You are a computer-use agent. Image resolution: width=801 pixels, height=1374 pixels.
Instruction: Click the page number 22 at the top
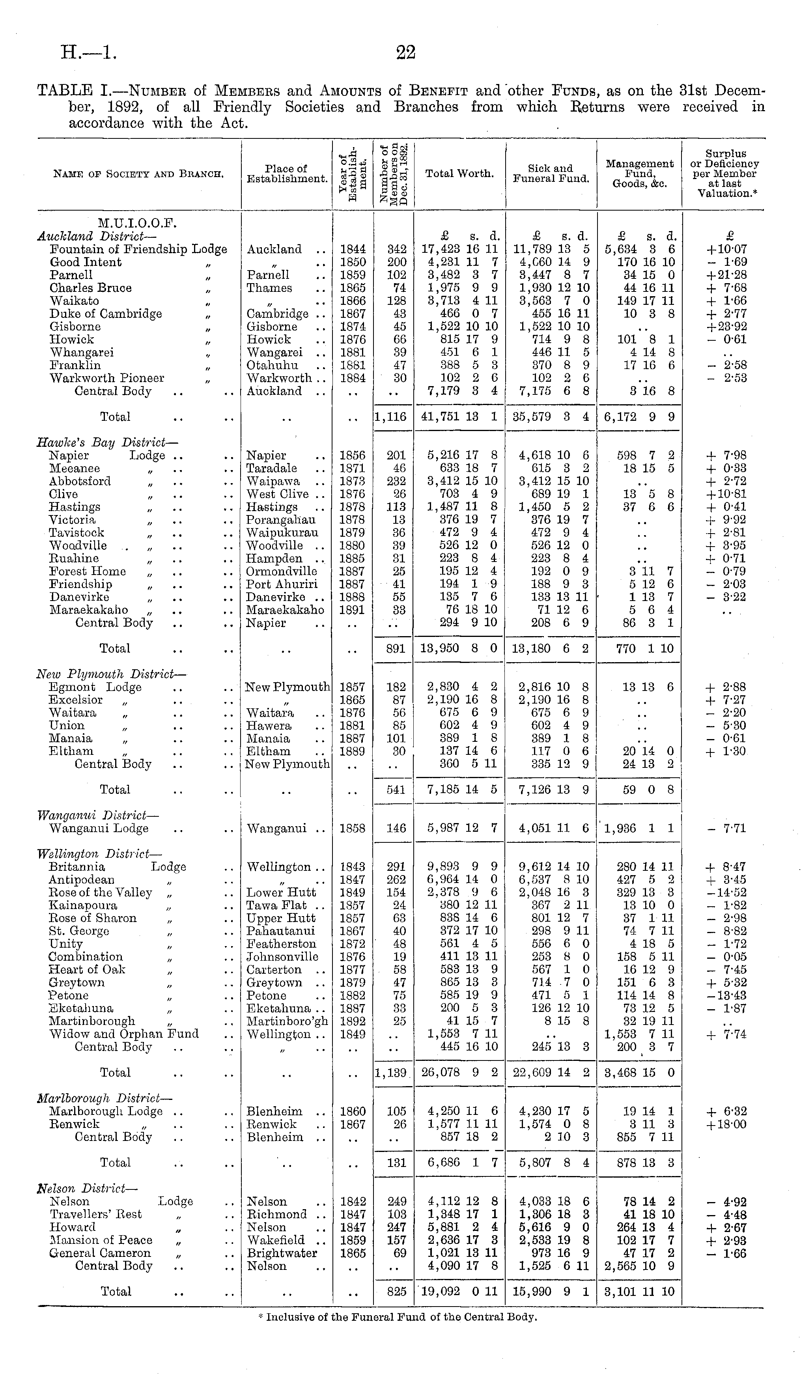[406, 52]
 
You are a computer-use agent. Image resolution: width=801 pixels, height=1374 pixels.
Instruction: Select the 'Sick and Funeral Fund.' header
[551, 174]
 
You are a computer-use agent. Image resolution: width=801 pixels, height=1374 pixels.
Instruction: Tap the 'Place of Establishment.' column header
[287, 174]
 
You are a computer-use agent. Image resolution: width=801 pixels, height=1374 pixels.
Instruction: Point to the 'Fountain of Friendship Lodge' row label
[138, 249]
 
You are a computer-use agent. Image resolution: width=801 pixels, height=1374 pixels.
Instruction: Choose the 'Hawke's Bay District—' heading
[107, 443]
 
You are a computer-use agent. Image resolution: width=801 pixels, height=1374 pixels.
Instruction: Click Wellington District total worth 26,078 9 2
[460, 1072]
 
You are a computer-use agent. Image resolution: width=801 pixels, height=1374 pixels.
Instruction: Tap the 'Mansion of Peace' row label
[101, 1240]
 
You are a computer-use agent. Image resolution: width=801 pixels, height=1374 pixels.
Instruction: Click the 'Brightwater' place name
[281, 1253]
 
